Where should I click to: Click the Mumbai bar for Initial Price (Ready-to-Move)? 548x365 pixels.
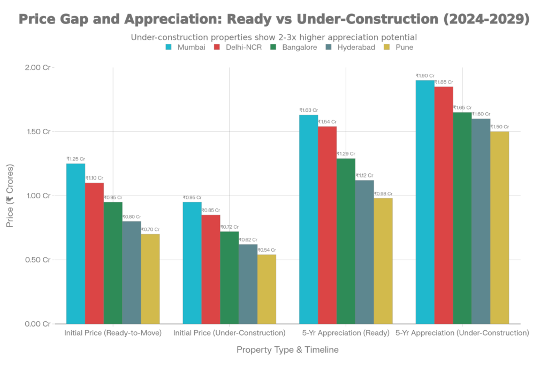coord(75,243)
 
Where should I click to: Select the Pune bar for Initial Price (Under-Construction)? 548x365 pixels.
coord(267,289)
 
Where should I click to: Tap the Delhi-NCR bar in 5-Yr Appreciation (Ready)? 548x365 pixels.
coord(328,224)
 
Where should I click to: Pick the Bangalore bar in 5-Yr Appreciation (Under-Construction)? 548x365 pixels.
coord(463,218)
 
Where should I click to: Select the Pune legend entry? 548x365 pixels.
coord(399,47)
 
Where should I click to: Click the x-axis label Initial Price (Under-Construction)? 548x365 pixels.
coord(229,333)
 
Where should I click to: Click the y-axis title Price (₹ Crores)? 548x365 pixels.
coord(10,196)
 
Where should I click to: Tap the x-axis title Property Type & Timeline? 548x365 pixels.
coord(287,350)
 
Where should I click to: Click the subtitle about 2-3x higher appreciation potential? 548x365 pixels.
coord(273,38)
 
